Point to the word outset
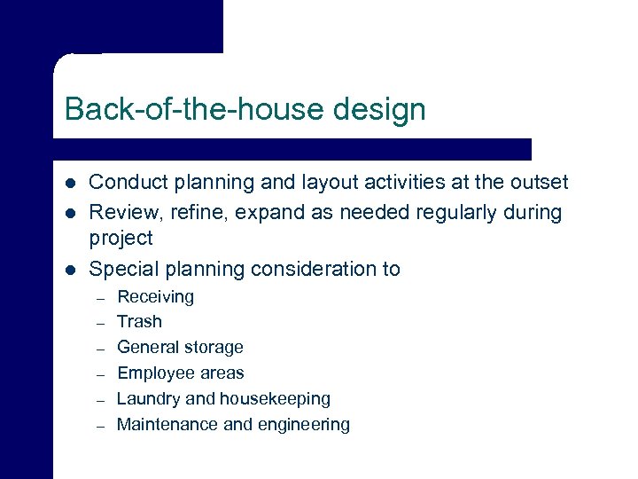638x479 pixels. pyautogui.click(x=537, y=183)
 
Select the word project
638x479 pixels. pyautogui.click(x=121, y=239)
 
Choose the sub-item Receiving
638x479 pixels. pyautogui.click(x=155, y=297)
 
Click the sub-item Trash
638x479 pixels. pyautogui.click(x=139, y=322)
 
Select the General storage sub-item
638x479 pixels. pyautogui.click(x=180, y=348)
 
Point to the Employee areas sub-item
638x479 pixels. pyautogui.click(x=180, y=373)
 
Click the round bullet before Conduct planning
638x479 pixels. pyautogui.click(x=70, y=184)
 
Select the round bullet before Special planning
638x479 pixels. pyautogui.click(x=70, y=270)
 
